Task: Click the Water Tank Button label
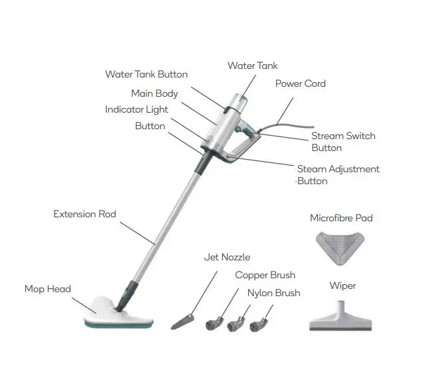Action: [146, 74]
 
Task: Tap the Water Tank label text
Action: [252, 66]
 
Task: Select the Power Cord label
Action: [300, 83]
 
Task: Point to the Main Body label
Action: [154, 93]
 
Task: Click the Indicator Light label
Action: [136, 109]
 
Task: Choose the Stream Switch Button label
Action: [342, 142]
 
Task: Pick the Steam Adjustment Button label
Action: [338, 175]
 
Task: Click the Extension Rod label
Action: [84, 214]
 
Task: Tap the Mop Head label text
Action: [47, 289]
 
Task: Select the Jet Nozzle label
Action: [228, 257]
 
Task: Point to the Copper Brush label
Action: [265, 275]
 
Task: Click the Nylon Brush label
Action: [273, 293]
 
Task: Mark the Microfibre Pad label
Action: [341, 218]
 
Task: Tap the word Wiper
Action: [342, 286]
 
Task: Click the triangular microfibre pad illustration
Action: [342, 246]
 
